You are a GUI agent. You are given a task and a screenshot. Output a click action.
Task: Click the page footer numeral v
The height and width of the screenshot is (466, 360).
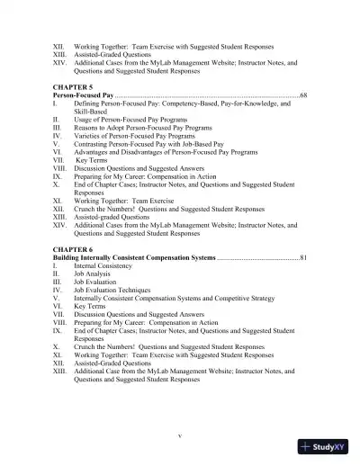click(x=180, y=435)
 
